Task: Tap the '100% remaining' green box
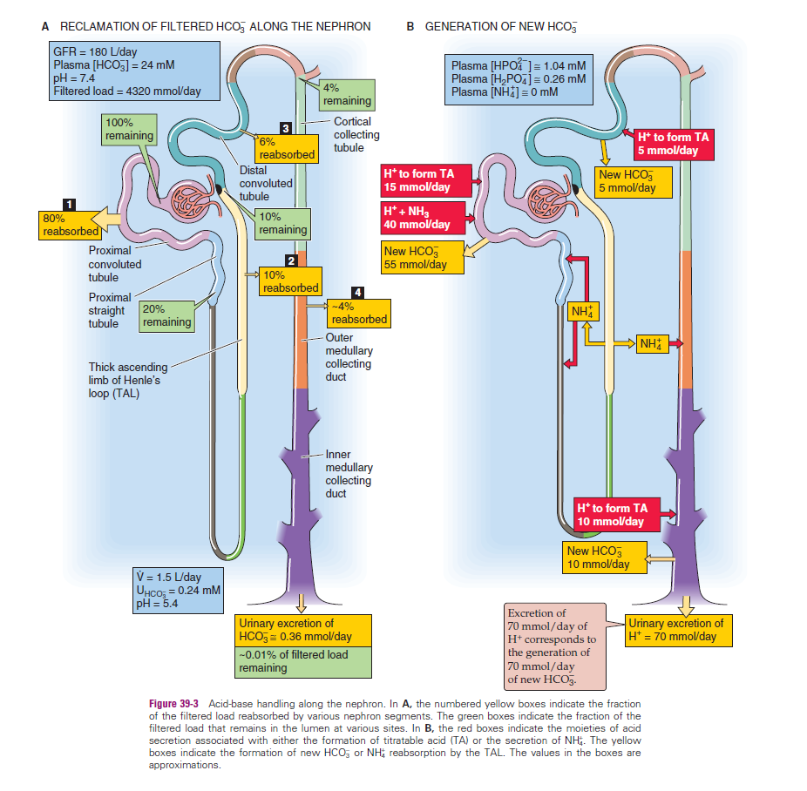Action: coord(129,129)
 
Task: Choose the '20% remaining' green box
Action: coord(166,315)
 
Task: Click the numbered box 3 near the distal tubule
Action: coord(284,129)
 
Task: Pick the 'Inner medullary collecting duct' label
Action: coord(349,474)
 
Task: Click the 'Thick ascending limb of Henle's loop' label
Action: coord(125,380)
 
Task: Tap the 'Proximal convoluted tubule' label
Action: coord(115,264)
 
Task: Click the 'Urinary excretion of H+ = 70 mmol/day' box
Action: coord(676,630)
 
